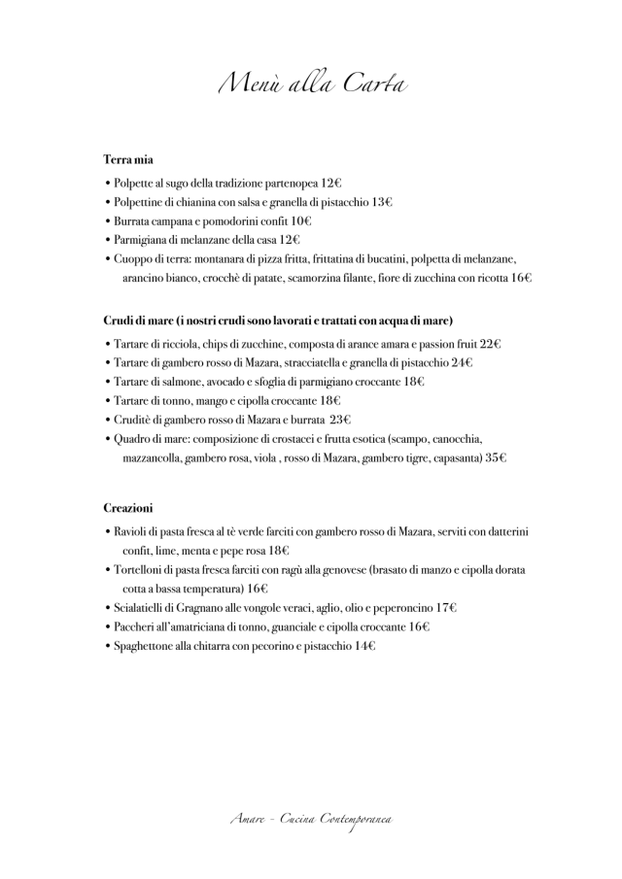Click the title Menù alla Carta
[x=311, y=85]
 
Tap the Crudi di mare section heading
[x=277, y=321]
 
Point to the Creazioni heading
[x=128, y=508]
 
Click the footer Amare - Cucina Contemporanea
[x=311, y=822]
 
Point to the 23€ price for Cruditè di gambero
[x=339, y=420]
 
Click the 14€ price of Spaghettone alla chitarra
[x=364, y=645]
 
